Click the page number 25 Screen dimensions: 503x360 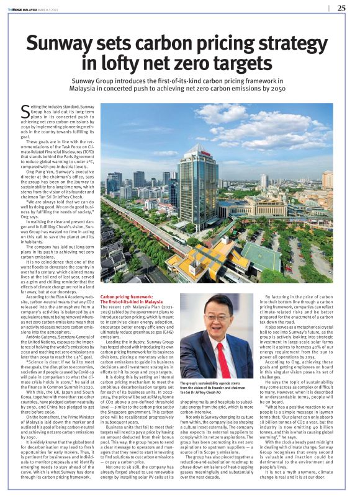click(341, 8)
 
